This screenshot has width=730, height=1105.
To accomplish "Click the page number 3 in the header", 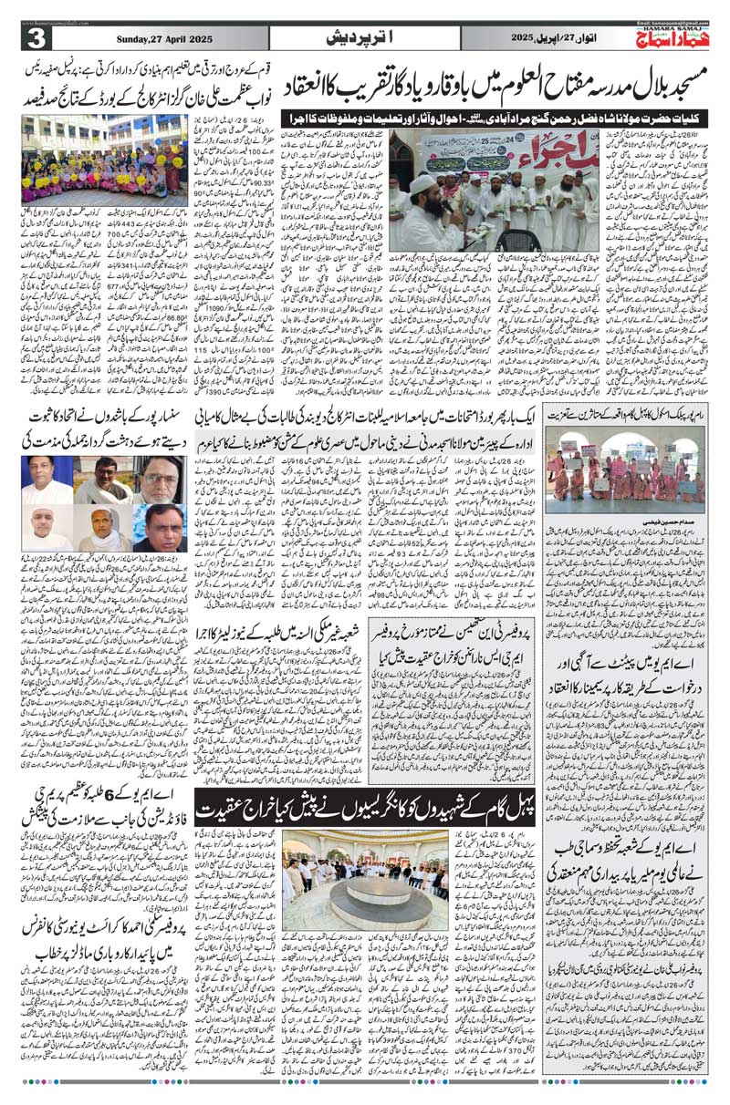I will [36, 38].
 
